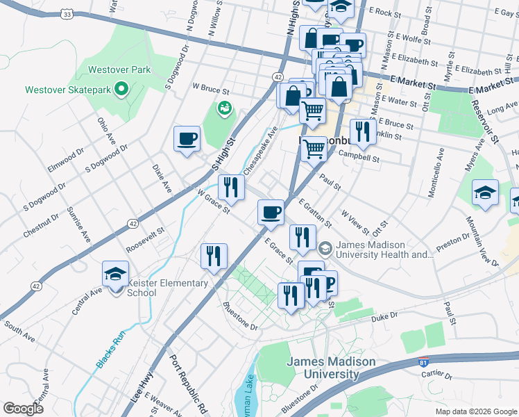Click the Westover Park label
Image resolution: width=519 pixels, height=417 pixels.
tap(119, 70)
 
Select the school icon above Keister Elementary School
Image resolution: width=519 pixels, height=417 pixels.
tap(116, 274)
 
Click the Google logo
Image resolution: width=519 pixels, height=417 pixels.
tap(23, 409)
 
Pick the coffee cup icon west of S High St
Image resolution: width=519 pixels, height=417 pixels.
tap(187, 138)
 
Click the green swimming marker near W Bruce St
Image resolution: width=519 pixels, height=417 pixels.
tap(224, 108)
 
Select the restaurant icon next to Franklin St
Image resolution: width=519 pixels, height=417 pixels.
tap(363, 131)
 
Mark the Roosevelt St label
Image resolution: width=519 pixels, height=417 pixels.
tap(145, 240)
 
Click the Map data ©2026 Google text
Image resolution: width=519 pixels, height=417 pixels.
tap(475, 411)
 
